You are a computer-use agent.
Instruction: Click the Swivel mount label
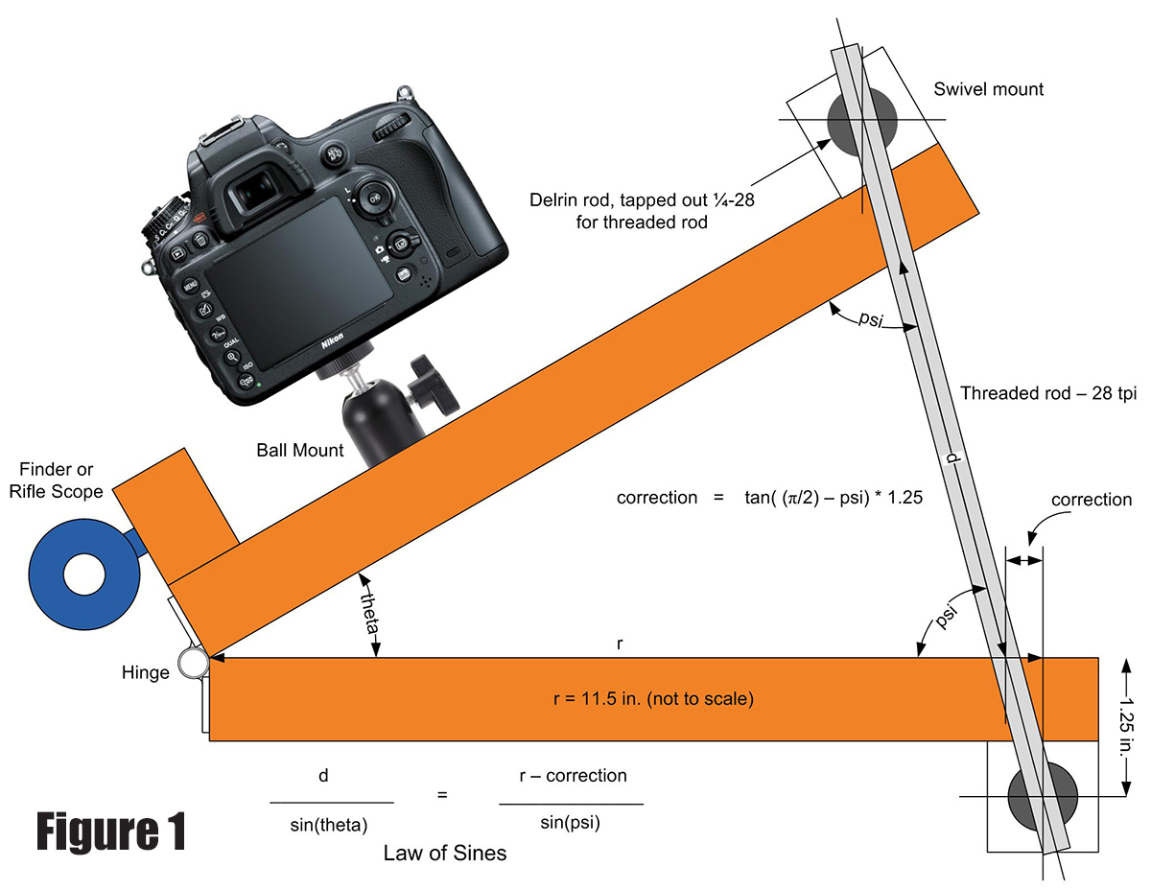pos(988,89)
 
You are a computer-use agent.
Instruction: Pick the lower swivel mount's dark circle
pos(1043,796)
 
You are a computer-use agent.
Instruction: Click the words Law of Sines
pos(444,853)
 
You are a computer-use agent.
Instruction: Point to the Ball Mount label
pos(300,450)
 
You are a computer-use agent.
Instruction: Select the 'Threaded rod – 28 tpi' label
pos(1047,393)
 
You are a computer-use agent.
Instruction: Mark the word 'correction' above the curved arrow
pos(1091,500)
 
